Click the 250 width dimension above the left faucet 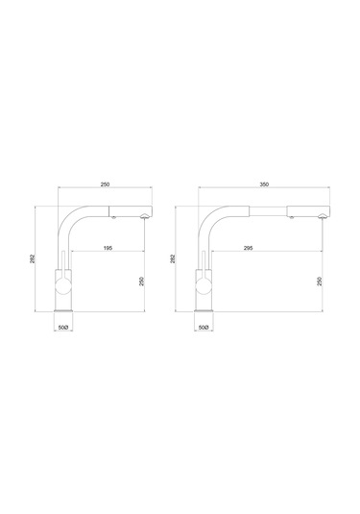click(105, 184)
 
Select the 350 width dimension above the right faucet click(264, 184)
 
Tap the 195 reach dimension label click(108, 248)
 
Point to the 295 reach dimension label click(248, 248)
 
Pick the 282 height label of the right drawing click(173, 258)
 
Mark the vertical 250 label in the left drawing click(141, 281)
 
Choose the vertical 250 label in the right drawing click(320, 281)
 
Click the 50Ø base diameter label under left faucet click(63, 328)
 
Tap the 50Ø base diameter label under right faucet click(204, 328)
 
